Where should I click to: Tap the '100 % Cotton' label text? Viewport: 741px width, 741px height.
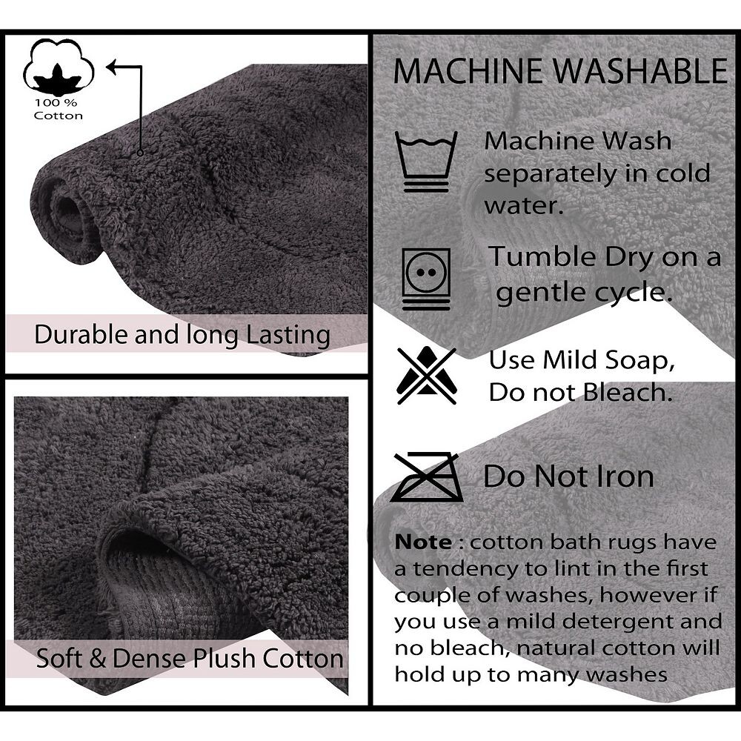[58, 109]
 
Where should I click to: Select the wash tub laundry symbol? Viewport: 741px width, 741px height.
[426, 161]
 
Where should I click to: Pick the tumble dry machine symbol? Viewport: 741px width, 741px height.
[426, 279]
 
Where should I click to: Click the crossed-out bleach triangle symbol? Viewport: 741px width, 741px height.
[427, 376]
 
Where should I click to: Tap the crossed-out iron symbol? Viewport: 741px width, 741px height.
[427, 476]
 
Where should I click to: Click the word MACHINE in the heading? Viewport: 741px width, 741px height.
[468, 71]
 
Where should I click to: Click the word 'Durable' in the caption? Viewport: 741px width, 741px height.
[82, 334]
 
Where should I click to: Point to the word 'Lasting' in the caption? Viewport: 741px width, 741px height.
[288, 336]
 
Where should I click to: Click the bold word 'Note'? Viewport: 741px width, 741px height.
[423, 542]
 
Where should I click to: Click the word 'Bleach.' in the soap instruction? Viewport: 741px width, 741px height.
[627, 392]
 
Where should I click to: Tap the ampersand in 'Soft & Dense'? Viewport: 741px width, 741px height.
[97, 658]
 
